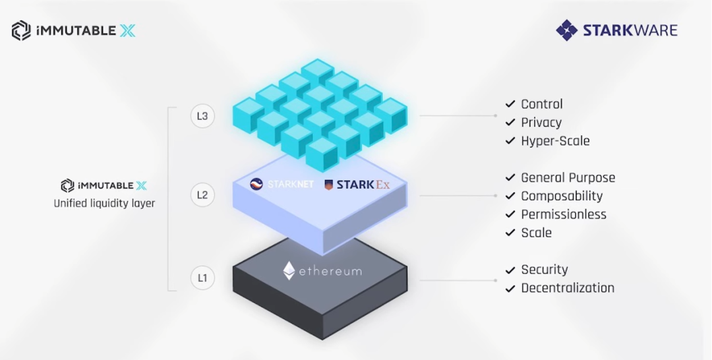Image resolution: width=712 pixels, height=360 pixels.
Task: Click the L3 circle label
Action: coord(202,117)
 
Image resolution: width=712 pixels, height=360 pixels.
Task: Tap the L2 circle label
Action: coord(202,195)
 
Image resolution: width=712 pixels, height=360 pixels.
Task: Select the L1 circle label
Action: coord(202,278)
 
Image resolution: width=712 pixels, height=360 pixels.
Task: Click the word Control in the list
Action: coord(542,104)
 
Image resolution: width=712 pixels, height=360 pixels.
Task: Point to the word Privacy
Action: coord(541,123)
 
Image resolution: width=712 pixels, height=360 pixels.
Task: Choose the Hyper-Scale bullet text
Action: coord(555,141)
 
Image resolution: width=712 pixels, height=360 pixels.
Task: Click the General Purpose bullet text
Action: coord(568,178)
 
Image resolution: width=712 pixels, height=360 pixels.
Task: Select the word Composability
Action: coord(562,196)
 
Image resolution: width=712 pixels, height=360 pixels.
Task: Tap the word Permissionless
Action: coord(564,215)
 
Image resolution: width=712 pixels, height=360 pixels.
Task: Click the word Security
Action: coord(544,270)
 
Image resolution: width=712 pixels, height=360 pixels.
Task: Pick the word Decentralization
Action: coord(568,288)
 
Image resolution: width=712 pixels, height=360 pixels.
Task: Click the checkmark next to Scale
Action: coord(510,233)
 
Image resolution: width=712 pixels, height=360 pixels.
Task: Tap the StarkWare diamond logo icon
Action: coord(566,30)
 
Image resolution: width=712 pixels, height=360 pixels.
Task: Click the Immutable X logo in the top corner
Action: coord(73,30)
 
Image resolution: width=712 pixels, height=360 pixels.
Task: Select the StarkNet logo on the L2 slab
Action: coord(282,185)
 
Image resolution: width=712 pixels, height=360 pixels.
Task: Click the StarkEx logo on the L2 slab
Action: coord(357,185)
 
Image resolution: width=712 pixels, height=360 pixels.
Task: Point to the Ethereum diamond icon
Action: coord(289,270)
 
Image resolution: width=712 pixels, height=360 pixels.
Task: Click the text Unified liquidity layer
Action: coord(104,204)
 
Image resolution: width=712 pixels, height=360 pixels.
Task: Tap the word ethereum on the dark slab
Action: coord(330,271)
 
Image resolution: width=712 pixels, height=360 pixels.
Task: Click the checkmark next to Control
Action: coord(510,105)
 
